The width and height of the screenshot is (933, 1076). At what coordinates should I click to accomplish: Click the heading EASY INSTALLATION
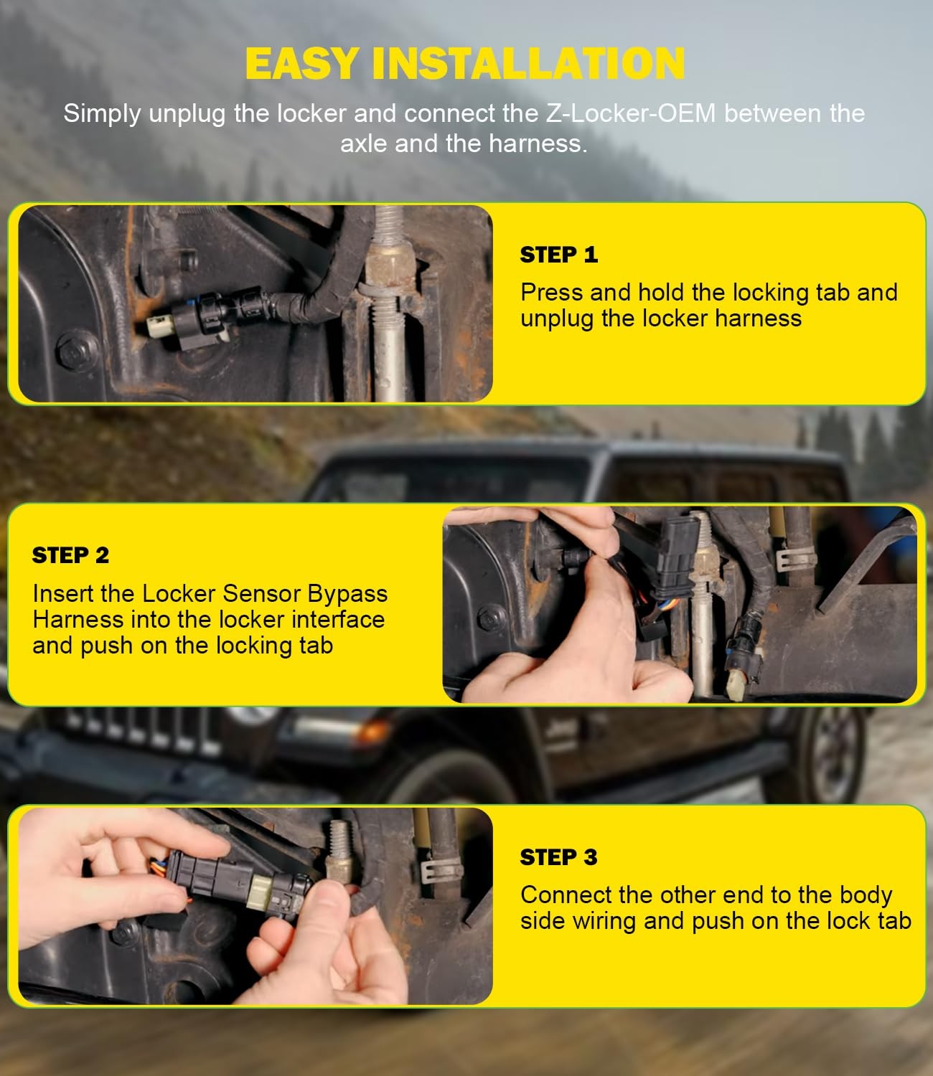pos(465,63)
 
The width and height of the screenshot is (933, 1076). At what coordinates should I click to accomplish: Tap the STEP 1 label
pos(558,255)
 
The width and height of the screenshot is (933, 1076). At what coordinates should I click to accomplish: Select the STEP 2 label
pos(70,555)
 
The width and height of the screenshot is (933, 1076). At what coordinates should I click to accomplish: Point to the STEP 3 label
pos(558,857)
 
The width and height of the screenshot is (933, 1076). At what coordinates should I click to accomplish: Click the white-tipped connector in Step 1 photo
pos(159,327)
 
